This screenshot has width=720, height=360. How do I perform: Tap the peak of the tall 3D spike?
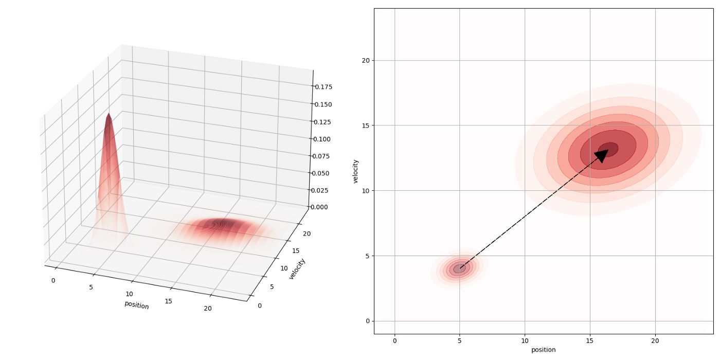point(109,115)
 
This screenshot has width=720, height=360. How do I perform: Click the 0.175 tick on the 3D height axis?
point(323,87)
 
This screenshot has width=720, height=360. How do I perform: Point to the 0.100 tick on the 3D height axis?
point(321,139)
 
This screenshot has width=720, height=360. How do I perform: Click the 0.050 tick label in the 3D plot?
point(320,173)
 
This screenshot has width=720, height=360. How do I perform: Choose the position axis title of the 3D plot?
point(136,305)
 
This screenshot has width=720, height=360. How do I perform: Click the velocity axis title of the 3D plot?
point(297,268)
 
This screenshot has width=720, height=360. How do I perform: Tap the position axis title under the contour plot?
point(543,350)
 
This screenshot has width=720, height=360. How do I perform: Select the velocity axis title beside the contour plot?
point(355,171)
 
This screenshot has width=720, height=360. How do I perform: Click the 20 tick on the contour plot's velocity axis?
point(365,60)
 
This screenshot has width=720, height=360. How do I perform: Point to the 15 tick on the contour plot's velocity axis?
point(365,125)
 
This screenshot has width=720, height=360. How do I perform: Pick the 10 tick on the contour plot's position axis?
point(525,340)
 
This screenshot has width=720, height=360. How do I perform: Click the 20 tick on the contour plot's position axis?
point(655,340)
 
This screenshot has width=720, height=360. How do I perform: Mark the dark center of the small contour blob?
point(459,268)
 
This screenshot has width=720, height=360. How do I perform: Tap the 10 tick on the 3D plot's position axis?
point(129,294)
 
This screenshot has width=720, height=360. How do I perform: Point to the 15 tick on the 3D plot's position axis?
point(168,301)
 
